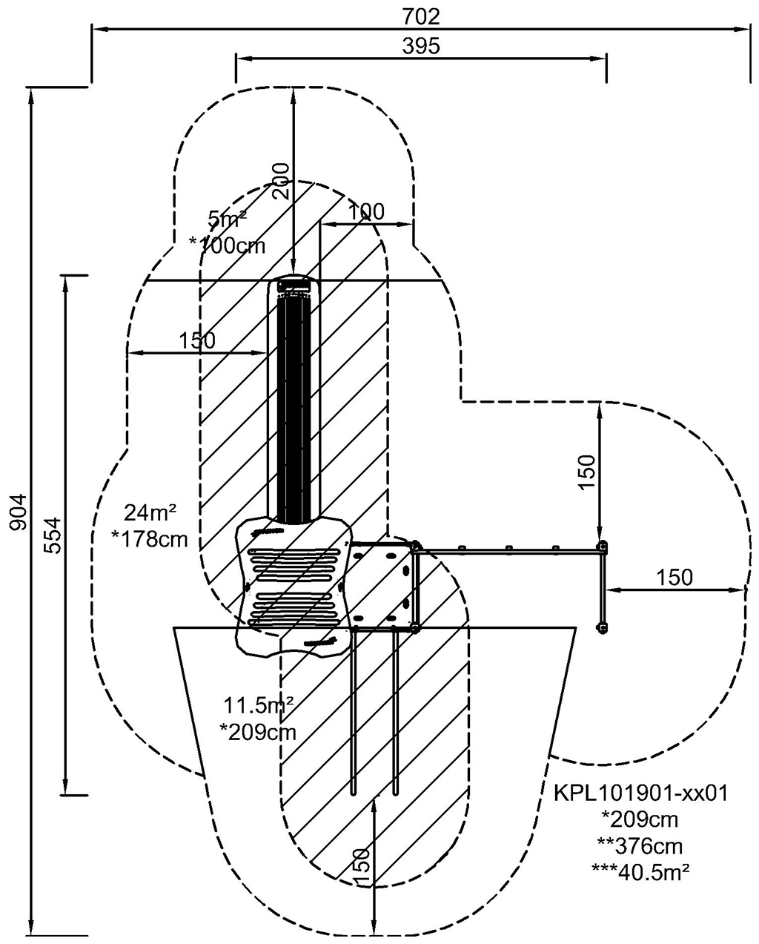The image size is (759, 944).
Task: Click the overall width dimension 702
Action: click(x=420, y=16)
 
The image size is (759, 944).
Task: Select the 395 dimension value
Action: click(x=421, y=46)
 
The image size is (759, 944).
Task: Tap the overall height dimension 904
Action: click(x=19, y=512)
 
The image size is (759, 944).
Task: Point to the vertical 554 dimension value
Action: click(x=53, y=535)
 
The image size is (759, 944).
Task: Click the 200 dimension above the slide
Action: click(x=281, y=182)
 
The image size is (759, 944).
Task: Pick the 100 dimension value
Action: click(x=365, y=212)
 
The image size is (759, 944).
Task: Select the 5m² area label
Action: click(x=227, y=219)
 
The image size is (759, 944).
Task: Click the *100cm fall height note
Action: click(x=227, y=245)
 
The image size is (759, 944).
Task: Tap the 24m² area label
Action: click(x=150, y=512)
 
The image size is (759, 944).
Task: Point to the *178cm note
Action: click(x=150, y=538)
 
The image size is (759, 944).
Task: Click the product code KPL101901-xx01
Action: click(x=640, y=793)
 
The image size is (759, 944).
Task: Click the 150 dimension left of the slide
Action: click(x=197, y=340)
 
